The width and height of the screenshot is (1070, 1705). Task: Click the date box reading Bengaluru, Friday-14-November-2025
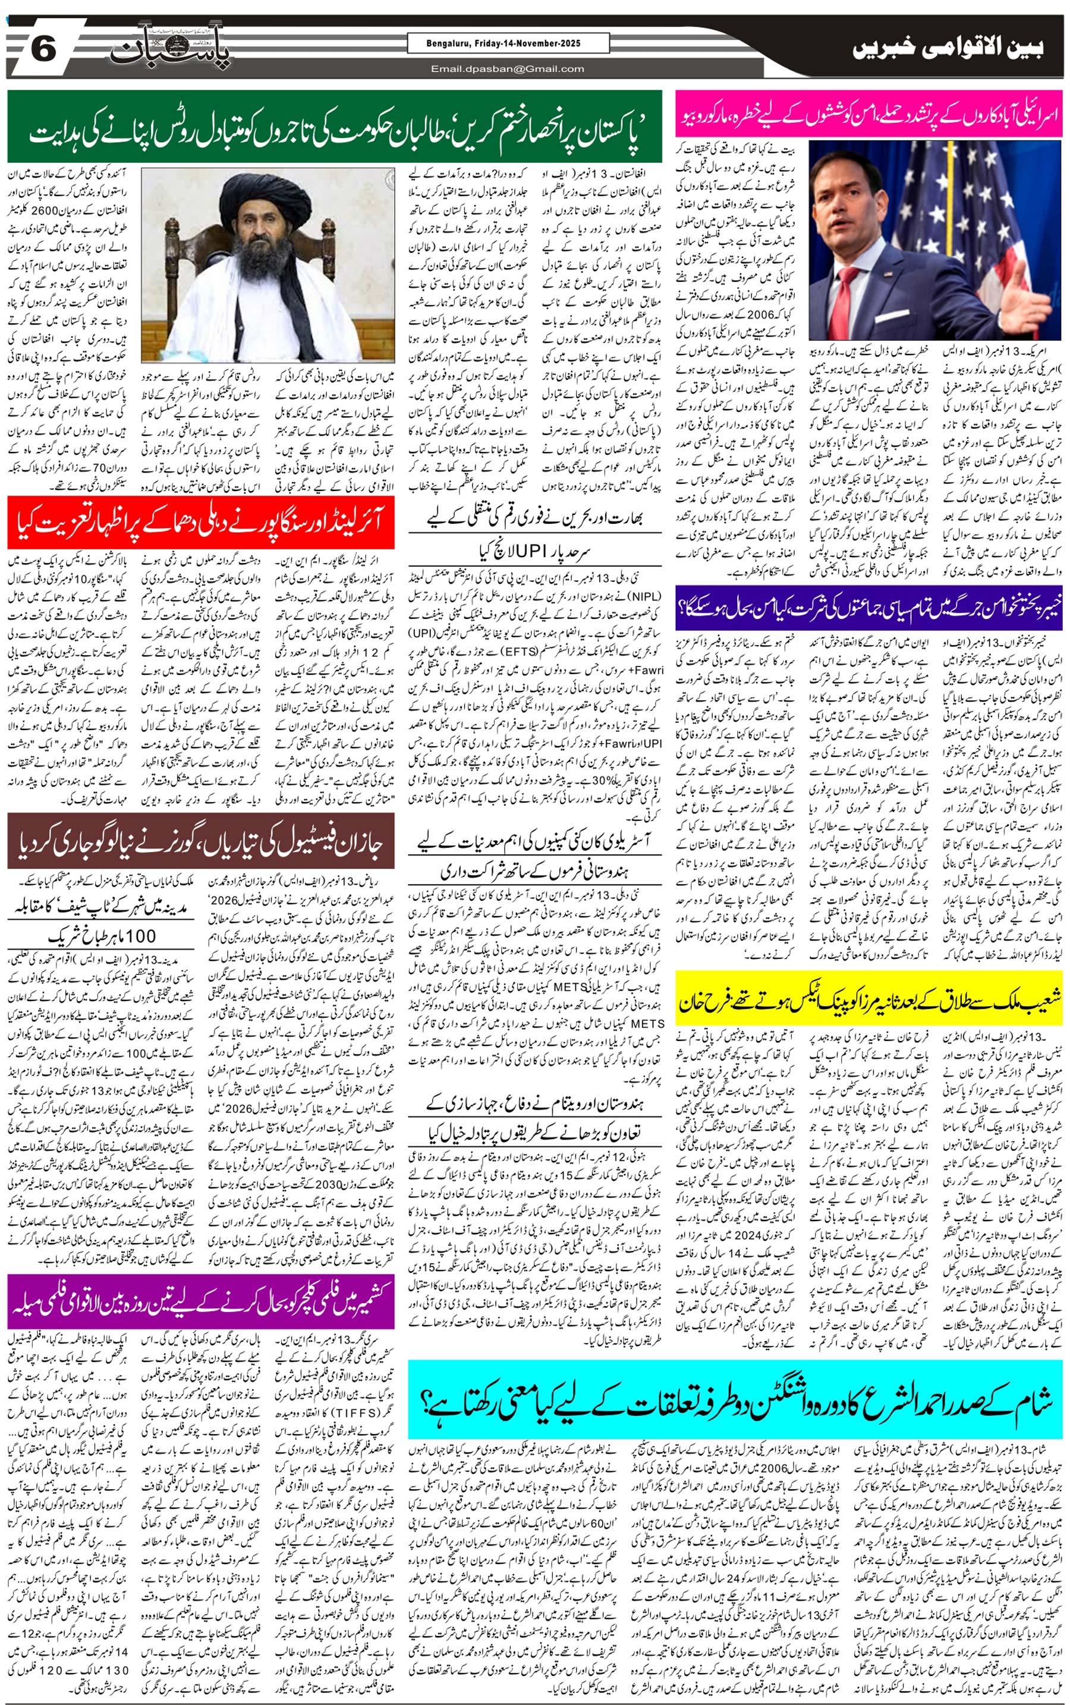tap(508, 44)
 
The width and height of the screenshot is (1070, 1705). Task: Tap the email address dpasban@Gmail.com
tap(508, 68)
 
